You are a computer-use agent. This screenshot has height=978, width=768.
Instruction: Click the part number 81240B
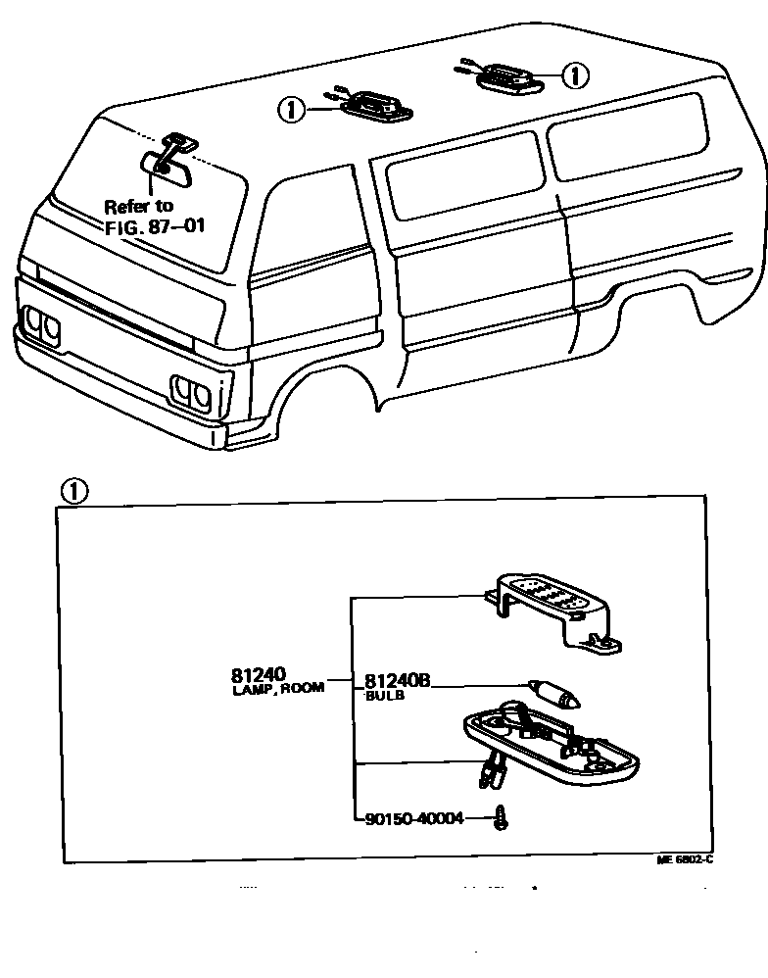pyautogui.click(x=397, y=680)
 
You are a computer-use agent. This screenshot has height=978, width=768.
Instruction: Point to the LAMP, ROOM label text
pyautogui.click(x=278, y=690)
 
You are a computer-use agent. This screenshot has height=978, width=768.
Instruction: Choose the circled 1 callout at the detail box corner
pyautogui.click(x=74, y=491)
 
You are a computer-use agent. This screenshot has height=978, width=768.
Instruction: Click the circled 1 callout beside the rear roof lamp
pyautogui.click(x=577, y=74)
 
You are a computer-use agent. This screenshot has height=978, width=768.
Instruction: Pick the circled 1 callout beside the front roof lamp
pyautogui.click(x=291, y=110)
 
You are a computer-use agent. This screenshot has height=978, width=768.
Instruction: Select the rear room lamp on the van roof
pyautogui.click(x=507, y=76)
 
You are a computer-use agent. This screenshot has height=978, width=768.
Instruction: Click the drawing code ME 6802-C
pyautogui.click(x=685, y=859)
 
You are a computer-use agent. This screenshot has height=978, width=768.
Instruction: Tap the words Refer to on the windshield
pyautogui.click(x=138, y=206)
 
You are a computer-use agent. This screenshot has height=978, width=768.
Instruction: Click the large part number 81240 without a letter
pyautogui.click(x=259, y=674)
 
